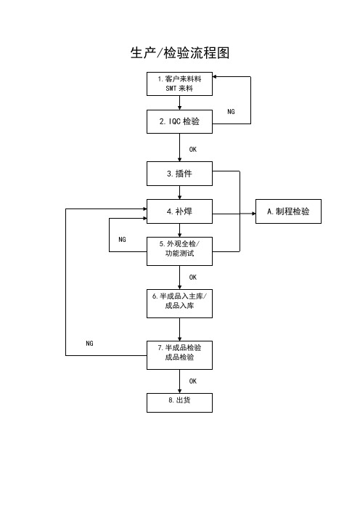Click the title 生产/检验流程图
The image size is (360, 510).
click(x=180, y=53)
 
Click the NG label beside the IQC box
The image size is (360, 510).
click(x=231, y=112)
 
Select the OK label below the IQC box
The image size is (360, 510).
click(x=193, y=149)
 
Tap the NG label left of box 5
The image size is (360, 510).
click(x=122, y=240)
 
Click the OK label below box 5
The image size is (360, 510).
click(x=193, y=277)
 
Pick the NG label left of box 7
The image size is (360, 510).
click(x=89, y=343)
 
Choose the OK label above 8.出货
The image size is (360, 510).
click(x=193, y=381)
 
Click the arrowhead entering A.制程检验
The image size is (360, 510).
click(x=254, y=214)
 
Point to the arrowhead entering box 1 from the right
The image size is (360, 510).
click(x=215, y=77)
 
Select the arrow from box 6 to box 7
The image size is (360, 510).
click(x=180, y=330)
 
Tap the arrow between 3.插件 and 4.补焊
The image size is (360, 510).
click(x=180, y=193)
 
